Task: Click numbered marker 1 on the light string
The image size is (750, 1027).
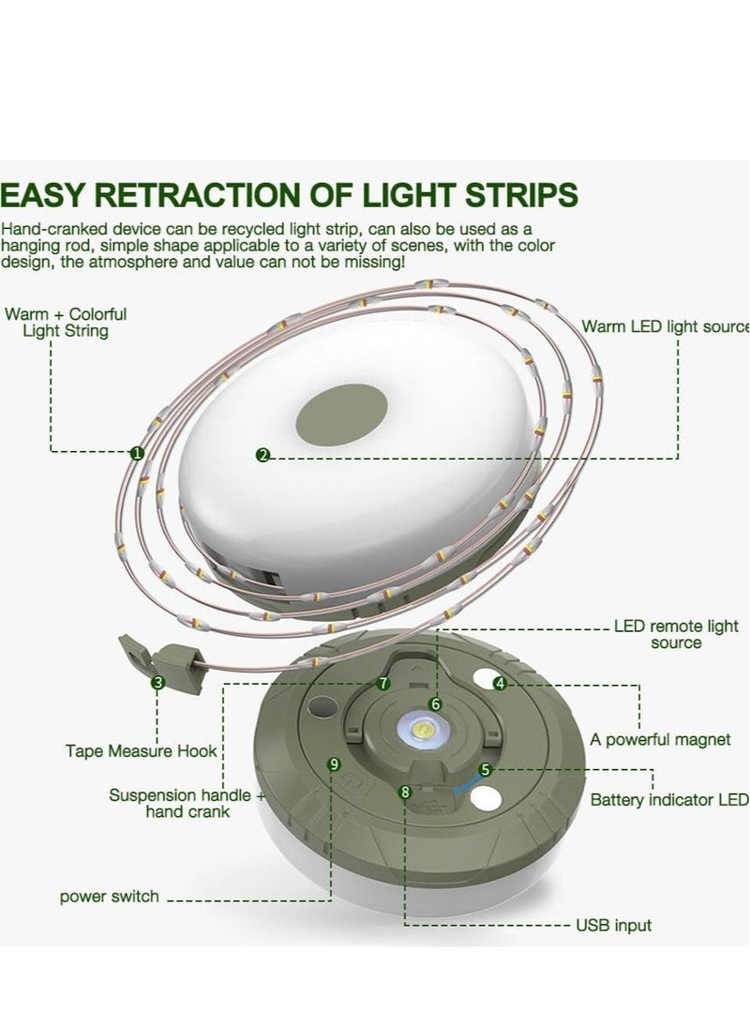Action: click(136, 453)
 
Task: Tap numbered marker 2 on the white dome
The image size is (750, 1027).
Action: click(263, 455)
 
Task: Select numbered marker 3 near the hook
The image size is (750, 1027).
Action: click(157, 683)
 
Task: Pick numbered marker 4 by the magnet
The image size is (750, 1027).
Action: click(500, 684)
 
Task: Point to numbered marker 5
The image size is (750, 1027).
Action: click(485, 770)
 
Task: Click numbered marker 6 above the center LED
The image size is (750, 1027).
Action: click(435, 704)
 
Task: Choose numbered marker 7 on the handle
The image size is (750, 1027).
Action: click(383, 684)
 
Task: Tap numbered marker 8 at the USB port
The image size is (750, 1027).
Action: click(405, 793)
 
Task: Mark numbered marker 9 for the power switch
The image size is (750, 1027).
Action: click(335, 764)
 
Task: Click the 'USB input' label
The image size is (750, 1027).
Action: click(614, 925)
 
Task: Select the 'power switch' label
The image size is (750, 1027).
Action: click(110, 896)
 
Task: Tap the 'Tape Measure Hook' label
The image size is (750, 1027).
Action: click(141, 750)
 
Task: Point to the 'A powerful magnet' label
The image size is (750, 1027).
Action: click(660, 739)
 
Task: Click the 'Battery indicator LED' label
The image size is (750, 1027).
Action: click(668, 800)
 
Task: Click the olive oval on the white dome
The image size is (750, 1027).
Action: click(341, 413)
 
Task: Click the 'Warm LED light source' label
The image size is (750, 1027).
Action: click(666, 326)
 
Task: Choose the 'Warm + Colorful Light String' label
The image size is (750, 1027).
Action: click(66, 323)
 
